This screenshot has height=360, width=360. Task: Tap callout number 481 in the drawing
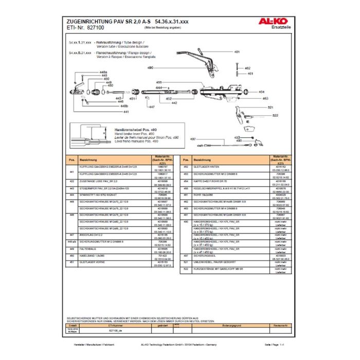coord(237,52)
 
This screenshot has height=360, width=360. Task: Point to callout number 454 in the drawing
coord(261,92)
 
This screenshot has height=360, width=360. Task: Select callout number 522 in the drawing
coord(275,115)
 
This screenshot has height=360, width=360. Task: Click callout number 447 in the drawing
coord(151,107)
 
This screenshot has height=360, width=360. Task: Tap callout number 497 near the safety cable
coord(193,139)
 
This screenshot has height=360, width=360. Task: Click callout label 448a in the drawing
coord(103,72)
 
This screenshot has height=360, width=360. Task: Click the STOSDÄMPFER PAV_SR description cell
coord(103,189)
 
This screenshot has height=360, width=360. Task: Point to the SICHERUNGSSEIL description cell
coord(204,256)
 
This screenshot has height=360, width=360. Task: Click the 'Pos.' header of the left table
coord(72,160)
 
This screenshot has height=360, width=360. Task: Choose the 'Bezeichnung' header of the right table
coord(200,160)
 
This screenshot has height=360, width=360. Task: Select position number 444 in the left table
coord(72,195)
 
